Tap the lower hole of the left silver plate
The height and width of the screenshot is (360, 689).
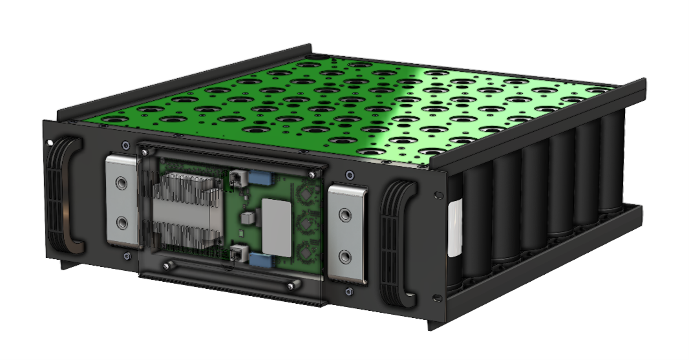(121, 223)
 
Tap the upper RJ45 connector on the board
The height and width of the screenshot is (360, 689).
(237, 178)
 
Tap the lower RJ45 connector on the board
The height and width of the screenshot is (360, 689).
(238, 255)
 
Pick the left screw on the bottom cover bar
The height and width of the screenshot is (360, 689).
(169, 265)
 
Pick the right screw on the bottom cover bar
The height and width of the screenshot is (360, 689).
(293, 285)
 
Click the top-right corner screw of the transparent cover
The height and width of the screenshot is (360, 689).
(314, 174)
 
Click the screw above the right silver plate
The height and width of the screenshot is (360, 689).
(350, 175)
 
